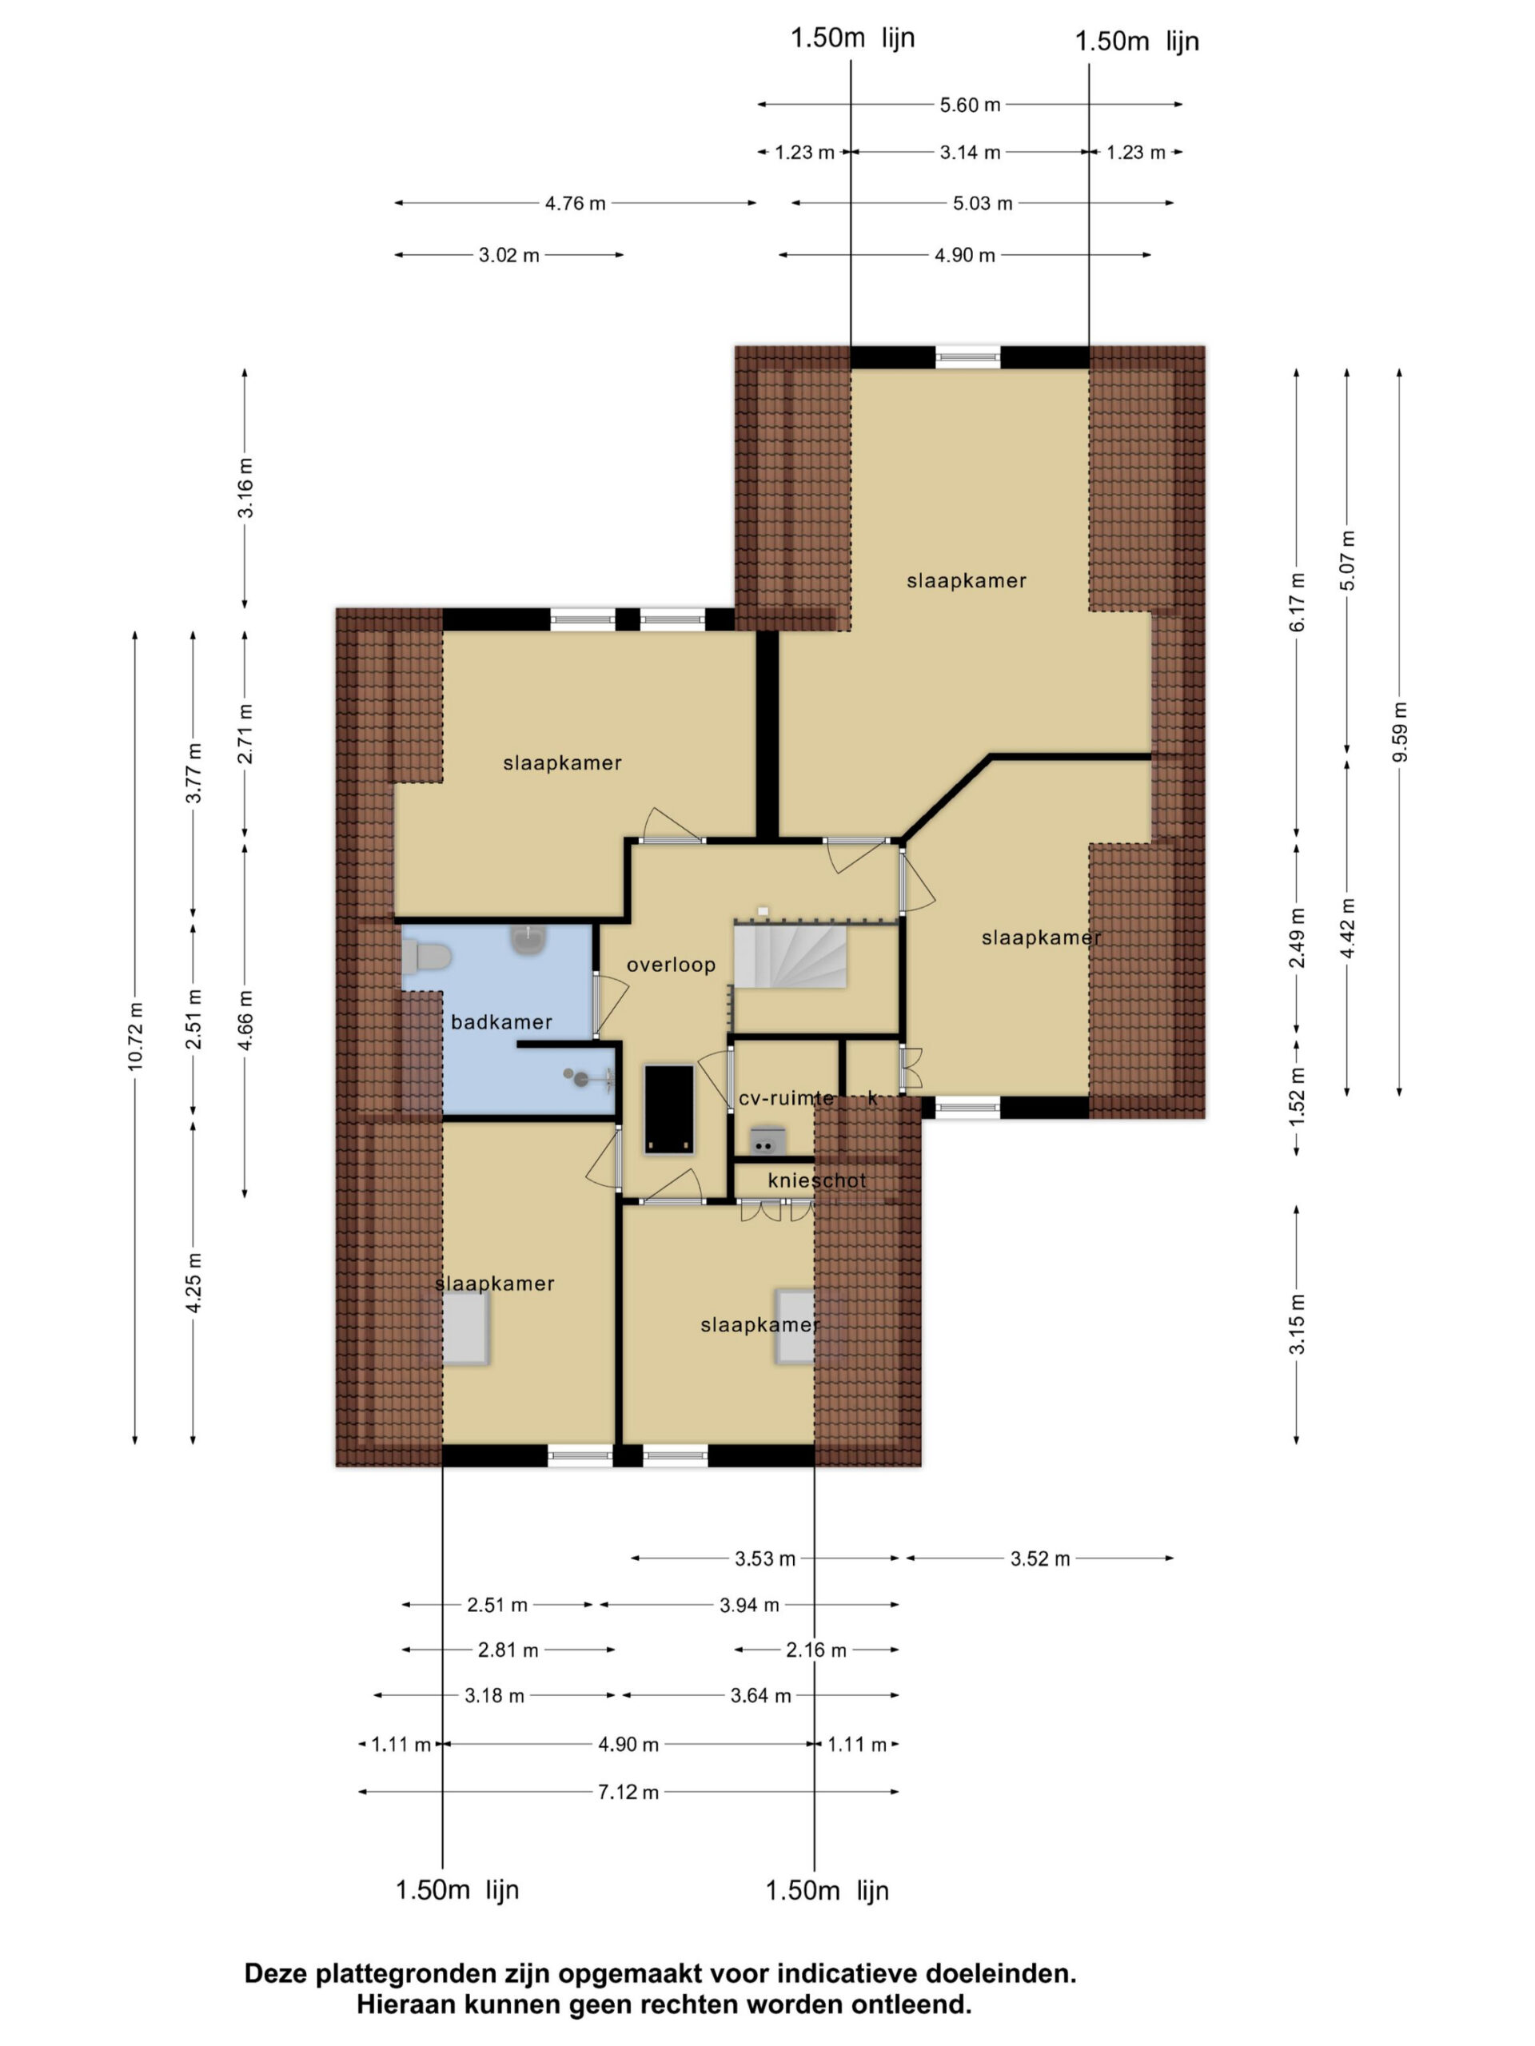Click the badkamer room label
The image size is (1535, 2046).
pos(500,1022)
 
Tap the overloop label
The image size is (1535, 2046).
pos(671,965)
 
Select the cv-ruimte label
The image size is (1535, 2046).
pos(787,1099)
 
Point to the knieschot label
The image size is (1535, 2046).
pos(817,1181)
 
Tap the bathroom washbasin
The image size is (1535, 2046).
pos(528,941)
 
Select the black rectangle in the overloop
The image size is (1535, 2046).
pos(669,1110)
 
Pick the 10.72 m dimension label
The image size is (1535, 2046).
pos(136,1037)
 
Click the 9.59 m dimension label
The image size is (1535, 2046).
pos(1400,731)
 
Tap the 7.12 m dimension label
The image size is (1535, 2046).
pos(628,1793)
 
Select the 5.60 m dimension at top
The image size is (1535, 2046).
pos(971,105)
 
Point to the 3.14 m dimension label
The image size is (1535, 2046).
pos(971,153)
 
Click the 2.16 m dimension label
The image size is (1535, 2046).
pos(816,1650)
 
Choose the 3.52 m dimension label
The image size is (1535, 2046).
pos(1040,1558)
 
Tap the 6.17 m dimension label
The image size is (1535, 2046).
pos(1298,602)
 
